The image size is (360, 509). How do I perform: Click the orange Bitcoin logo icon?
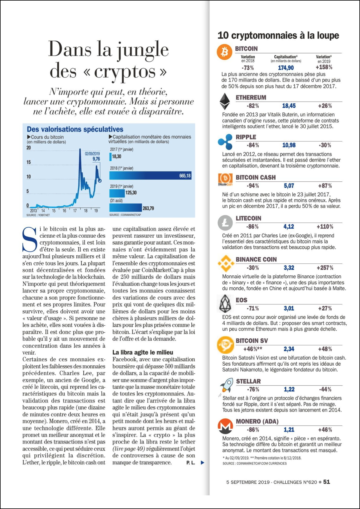[224, 52]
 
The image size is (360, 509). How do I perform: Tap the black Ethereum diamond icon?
[224, 101]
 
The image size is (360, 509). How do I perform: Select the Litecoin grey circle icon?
[225, 223]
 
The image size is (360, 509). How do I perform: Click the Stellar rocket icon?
[227, 385]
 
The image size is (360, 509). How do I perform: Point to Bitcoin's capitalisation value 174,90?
[286, 68]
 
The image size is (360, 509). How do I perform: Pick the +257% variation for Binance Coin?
[325, 268]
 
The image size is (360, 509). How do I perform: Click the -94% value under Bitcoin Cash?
[253, 186]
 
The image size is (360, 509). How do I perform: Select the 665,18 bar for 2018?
[150, 176]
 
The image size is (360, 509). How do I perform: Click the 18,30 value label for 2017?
[117, 157]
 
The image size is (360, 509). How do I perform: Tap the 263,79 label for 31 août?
[148, 208]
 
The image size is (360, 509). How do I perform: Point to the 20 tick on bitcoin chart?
[28, 148]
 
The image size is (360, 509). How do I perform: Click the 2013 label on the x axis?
[33, 211]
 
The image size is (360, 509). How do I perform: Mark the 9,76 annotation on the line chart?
[96, 159]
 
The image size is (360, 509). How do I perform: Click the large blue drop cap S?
[30, 240]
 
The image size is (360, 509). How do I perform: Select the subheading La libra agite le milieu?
[143, 352]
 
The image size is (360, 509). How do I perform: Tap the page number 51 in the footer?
[327, 482]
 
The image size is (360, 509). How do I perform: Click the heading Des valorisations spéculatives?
[75, 129]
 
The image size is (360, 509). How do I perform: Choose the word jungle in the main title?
[143, 50]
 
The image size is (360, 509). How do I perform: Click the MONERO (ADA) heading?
[257, 421]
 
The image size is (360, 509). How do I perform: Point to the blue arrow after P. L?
[202, 463]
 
